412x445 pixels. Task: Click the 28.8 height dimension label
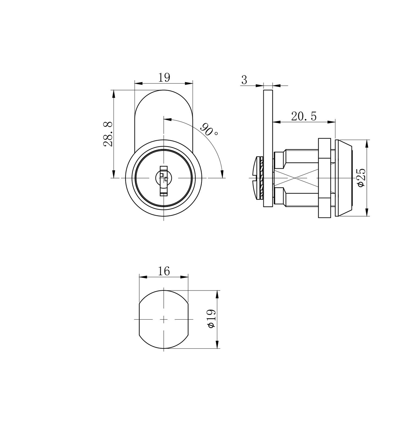point(108,134)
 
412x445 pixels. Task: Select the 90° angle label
point(209,130)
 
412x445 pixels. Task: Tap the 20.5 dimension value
point(304,117)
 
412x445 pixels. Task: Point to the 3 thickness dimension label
point(244,80)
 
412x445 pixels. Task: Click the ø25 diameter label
point(361,177)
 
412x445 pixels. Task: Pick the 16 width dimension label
point(164,271)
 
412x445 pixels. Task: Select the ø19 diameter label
point(212,319)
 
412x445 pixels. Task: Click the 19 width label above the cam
point(164,77)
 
